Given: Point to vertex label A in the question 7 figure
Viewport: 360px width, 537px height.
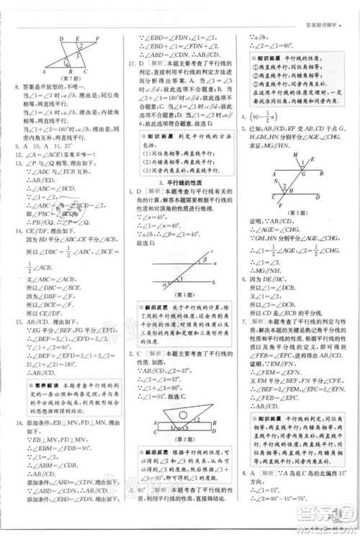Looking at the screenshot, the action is [45, 72].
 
